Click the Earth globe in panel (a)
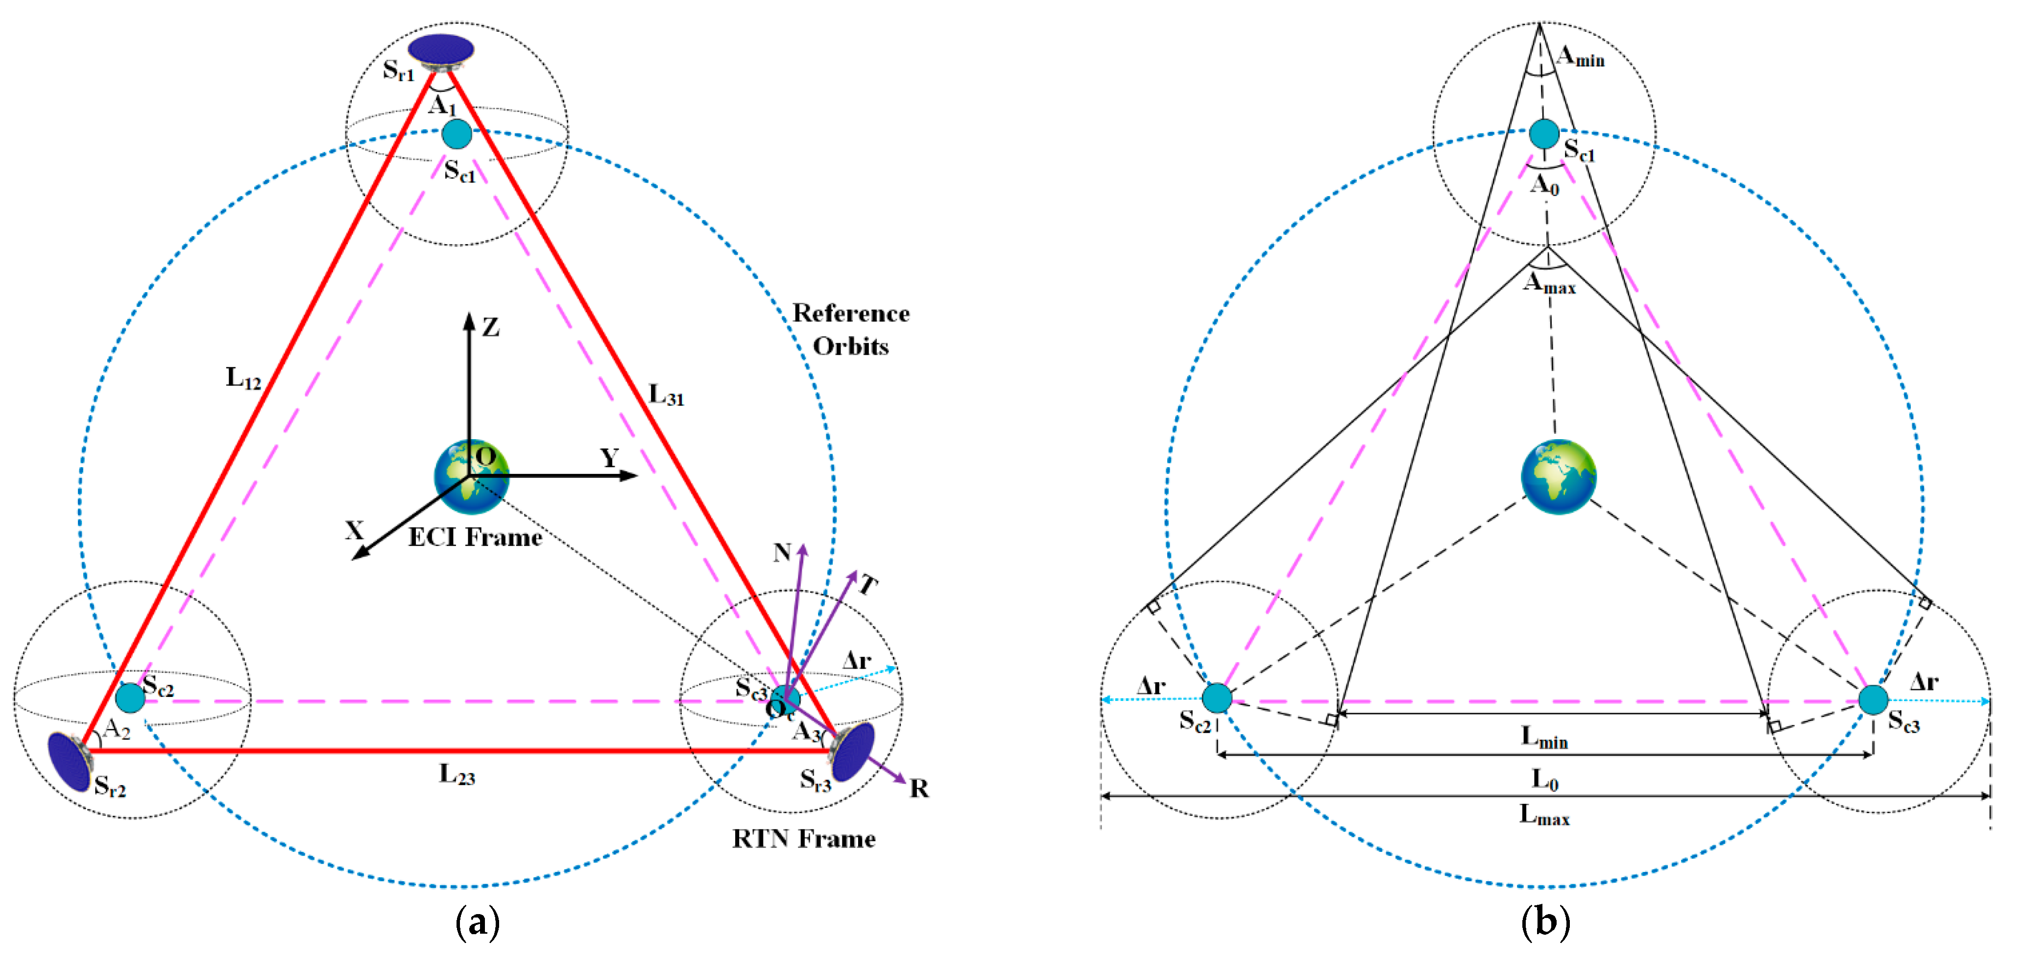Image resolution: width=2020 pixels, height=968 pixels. pos(471,476)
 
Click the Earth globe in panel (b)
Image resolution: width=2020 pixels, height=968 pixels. pos(1558,476)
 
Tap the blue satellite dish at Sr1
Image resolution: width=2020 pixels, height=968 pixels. pos(441,50)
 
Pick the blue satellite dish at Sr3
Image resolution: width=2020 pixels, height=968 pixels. pos(853,751)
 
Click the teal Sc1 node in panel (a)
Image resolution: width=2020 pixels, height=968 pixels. pos(457,134)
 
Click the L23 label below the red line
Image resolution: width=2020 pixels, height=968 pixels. pos(457,775)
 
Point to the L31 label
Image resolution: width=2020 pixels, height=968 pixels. pos(666,395)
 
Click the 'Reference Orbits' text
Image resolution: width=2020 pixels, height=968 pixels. pos(851,329)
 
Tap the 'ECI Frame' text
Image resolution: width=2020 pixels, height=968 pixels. pos(475,537)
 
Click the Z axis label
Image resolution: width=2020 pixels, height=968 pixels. pos(491,327)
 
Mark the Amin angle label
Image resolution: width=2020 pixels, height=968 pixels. pos(1580,56)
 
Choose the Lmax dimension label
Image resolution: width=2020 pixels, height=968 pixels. pos(1544,815)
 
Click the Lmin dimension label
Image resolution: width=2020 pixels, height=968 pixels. pos(1544,737)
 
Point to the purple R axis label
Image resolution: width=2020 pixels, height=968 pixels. pos(919,788)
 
